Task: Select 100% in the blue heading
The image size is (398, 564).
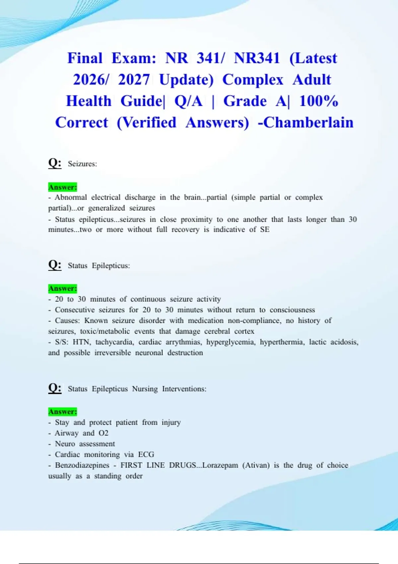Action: pos(318,101)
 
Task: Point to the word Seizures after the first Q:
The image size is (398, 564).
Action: pos(82,164)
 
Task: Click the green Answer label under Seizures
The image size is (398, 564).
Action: pos(63,187)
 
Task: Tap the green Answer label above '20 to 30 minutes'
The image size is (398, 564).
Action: pos(63,288)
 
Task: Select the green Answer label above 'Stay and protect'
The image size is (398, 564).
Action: pos(63,412)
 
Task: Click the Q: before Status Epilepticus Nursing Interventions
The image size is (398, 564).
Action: pos(55,388)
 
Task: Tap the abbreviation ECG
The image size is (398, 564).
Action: pos(146,455)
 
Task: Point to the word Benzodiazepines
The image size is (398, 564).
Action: pos(82,465)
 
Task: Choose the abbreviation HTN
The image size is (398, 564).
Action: pos(82,342)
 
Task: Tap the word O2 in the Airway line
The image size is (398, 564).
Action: pos(103,433)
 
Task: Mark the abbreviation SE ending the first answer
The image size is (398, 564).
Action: pos(265,230)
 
